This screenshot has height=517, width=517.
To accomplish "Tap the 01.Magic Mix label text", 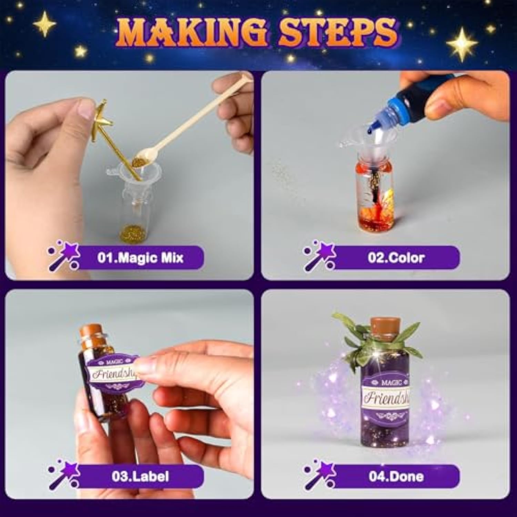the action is [140, 257].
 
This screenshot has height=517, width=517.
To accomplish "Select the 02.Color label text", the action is [396, 257].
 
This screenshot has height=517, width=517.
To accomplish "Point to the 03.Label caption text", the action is [140, 476].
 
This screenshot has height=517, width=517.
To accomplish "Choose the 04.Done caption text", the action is [396, 476].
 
